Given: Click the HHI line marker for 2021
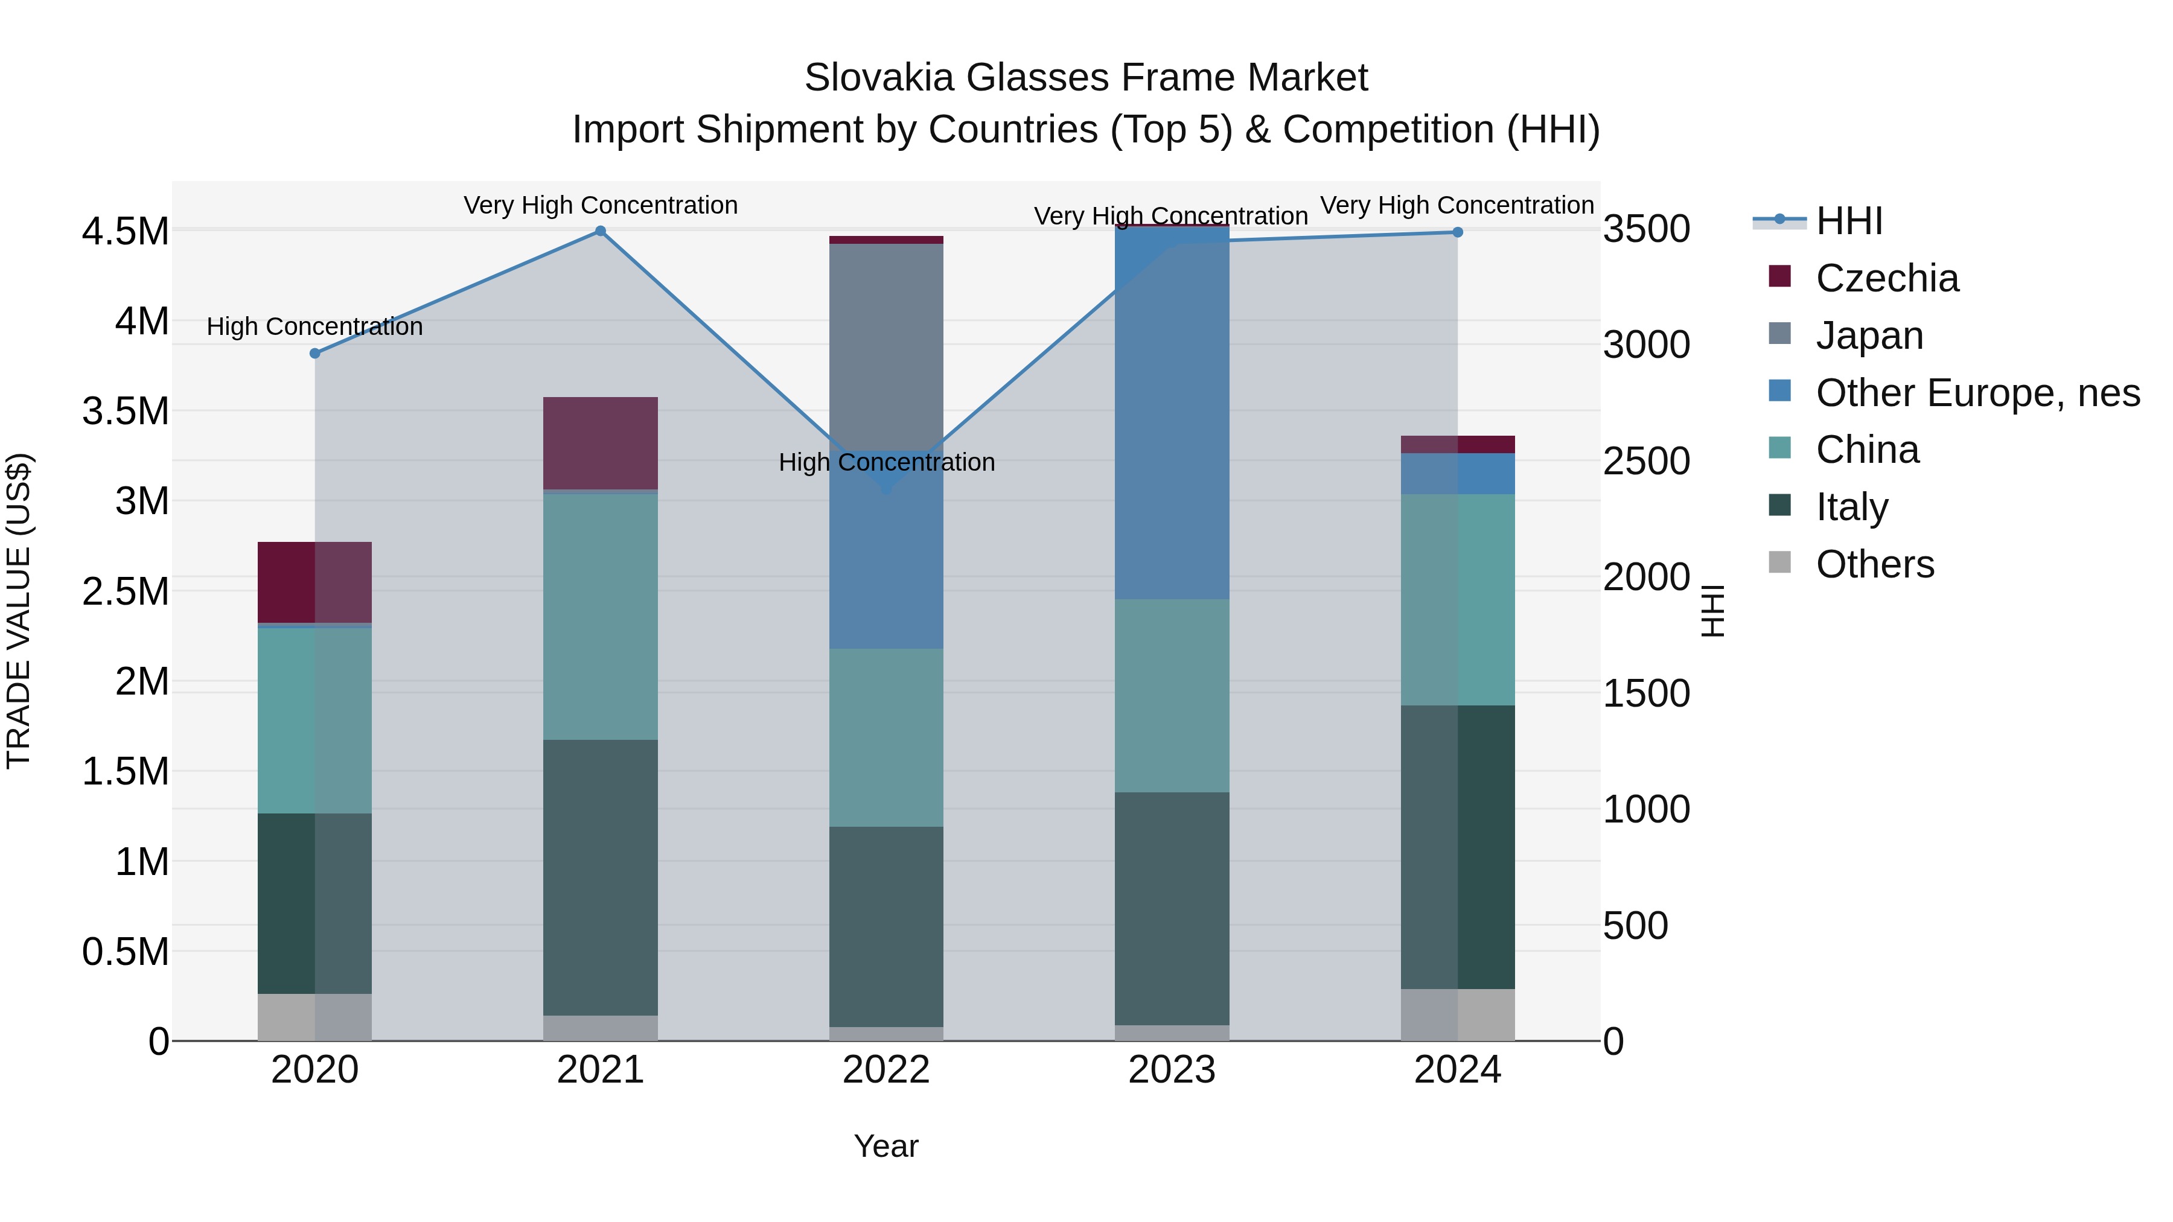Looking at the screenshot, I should pyautogui.click(x=601, y=231).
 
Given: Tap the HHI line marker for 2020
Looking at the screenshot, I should pyautogui.click(x=314, y=354).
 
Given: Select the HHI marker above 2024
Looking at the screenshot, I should pyautogui.click(x=1458, y=233).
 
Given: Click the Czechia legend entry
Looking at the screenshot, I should pyautogui.click(x=1886, y=278).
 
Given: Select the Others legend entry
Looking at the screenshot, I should pyautogui.click(x=1874, y=564).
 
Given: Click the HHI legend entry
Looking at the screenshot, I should pyautogui.click(x=1848, y=221).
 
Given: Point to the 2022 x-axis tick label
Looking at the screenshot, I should pyautogui.click(x=885, y=1070).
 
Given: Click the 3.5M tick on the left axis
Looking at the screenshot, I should pyautogui.click(x=126, y=412).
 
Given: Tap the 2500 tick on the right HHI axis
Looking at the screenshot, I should pyautogui.click(x=1646, y=461).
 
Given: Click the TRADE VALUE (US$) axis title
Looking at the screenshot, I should pyautogui.click(x=19, y=611).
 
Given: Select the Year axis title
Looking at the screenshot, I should pyautogui.click(x=885, y=1146).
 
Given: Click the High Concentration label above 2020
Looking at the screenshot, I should pyautogui.click(x=314, y=326).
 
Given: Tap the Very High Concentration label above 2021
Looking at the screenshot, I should pyautogui.click(x=601, y=205).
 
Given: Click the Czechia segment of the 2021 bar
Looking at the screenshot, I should pyautogui.click(x=601, y=443).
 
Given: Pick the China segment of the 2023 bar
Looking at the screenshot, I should pyautogui.click(x=1172, y=696).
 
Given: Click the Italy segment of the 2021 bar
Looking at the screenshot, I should pyautogui.click(x=601, y=877).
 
